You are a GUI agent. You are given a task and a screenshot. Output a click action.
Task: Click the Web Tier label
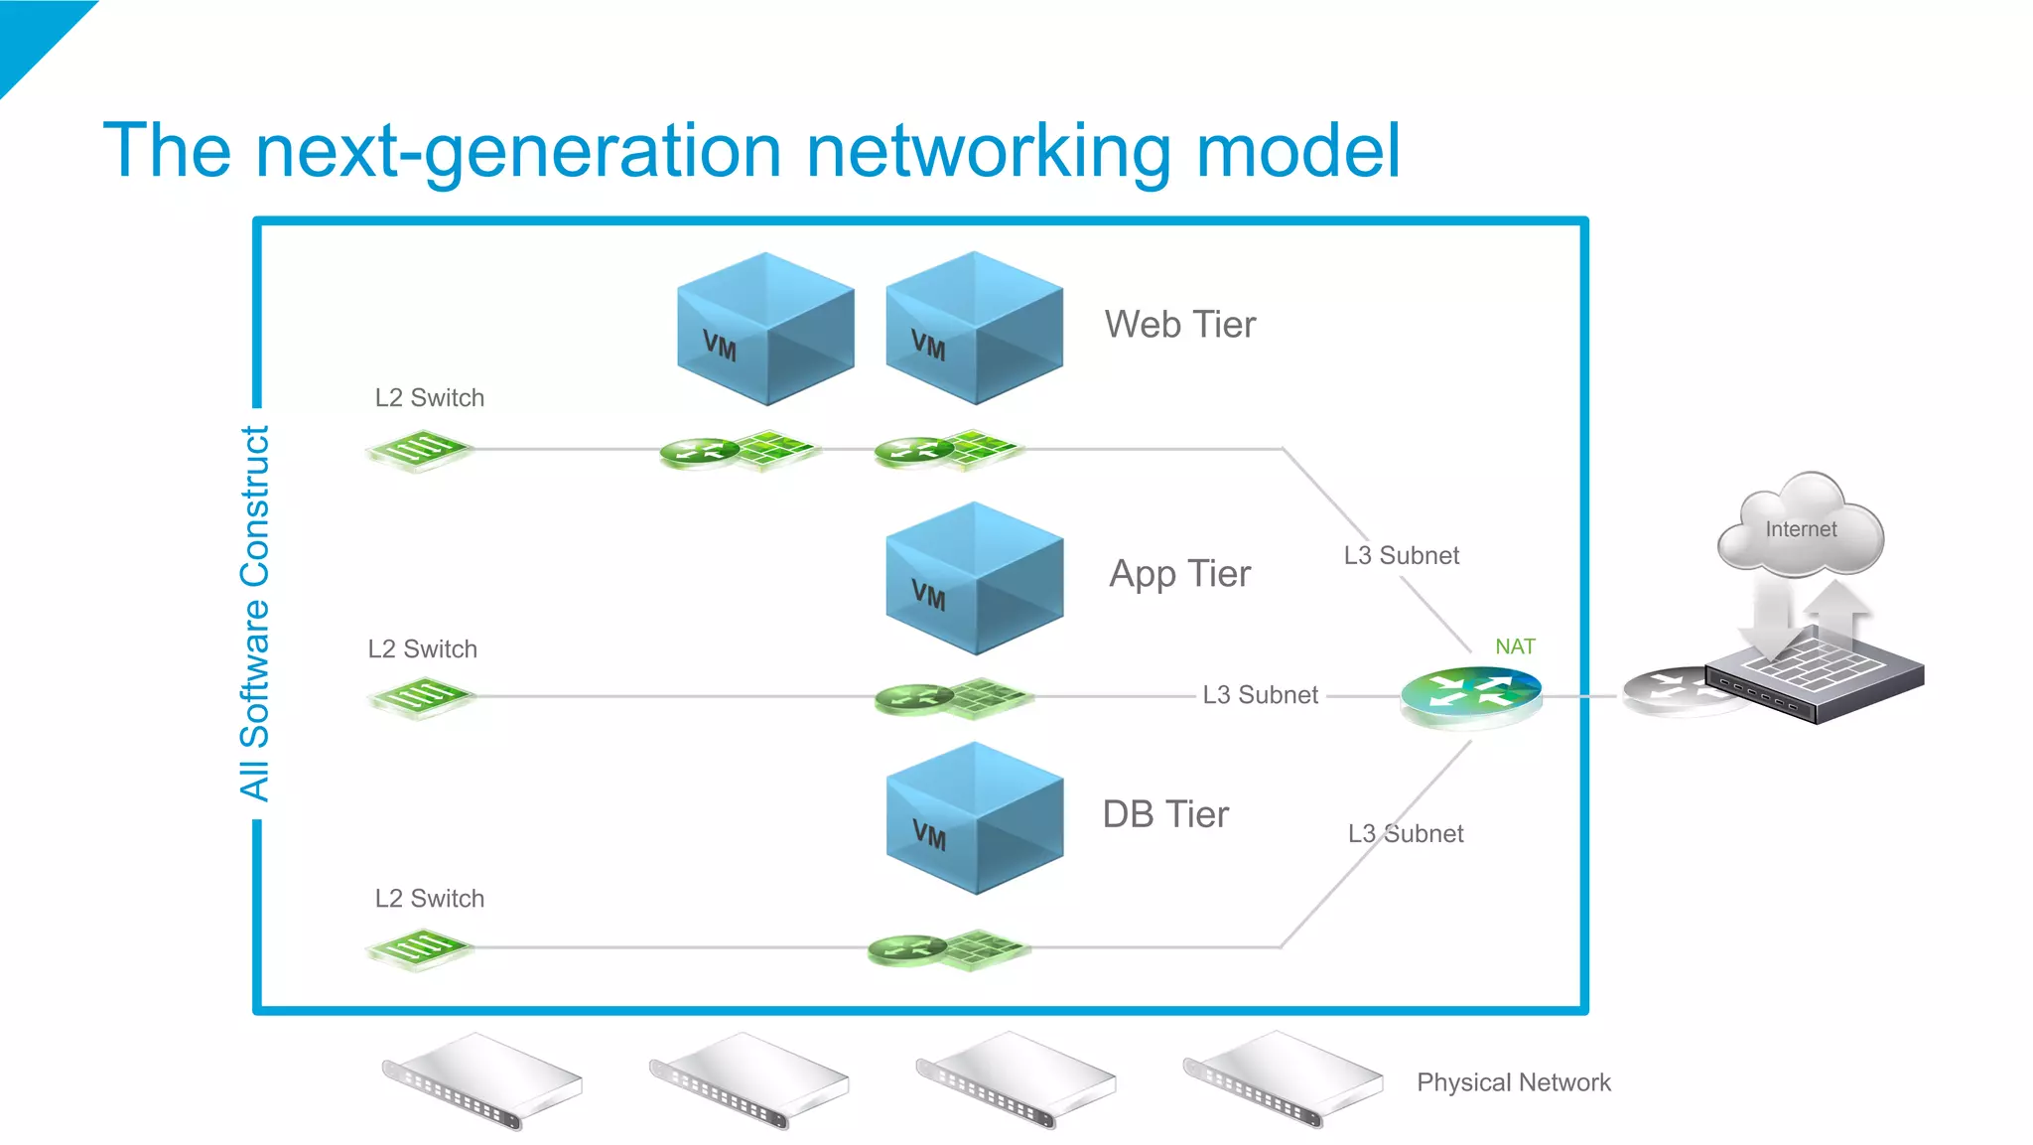pos(1179,325)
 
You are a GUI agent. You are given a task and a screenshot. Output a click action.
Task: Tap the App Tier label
pos(1179,574)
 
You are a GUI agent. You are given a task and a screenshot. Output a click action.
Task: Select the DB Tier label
pos(1165,814)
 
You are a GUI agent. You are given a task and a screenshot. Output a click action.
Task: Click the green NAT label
pos(1515,646)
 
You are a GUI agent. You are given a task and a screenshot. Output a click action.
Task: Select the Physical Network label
pos(1513,1082)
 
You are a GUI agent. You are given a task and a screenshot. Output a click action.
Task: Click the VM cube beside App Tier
pos(974,578)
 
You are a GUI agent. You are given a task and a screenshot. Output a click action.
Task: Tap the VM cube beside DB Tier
pos(974,818)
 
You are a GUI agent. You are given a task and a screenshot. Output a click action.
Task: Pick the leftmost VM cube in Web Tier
pos(765,329)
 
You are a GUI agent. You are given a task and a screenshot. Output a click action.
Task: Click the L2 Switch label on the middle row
pos(422,648)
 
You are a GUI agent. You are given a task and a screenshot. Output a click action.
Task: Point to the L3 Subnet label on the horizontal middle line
pos(1260,695)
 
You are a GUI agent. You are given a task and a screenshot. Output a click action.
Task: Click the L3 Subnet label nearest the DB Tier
pos(1405,833)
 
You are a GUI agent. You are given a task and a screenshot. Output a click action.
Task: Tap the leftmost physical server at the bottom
pos(482,1080)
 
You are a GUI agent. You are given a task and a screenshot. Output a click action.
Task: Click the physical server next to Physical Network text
pos(1283,1080)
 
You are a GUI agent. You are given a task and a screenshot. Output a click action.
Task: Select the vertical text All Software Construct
pos(254,614)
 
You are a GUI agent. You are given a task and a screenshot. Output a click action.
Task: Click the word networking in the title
pos(989,151)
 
